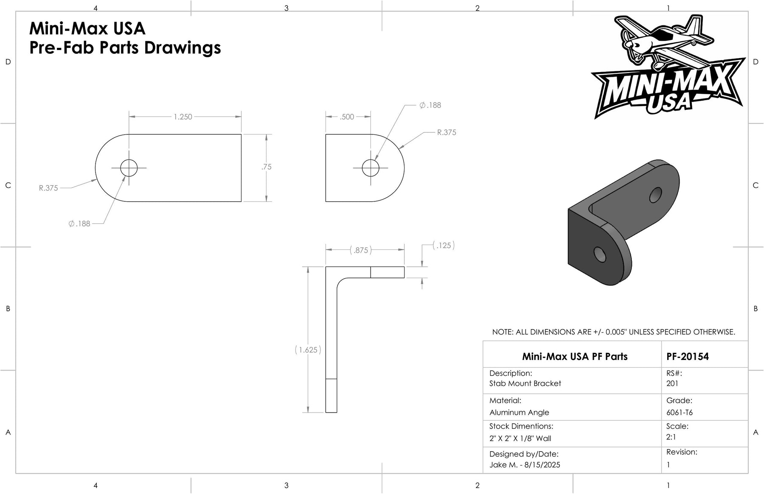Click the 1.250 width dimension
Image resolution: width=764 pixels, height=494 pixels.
pos(183,117)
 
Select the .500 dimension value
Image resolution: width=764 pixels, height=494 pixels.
pos(347,117)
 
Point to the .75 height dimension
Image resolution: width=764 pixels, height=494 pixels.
pos(267,167)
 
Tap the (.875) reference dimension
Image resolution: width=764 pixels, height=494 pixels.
pos(361,250)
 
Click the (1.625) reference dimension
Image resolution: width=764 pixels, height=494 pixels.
pos(308,350)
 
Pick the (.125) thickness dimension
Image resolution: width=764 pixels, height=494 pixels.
pos(444,245)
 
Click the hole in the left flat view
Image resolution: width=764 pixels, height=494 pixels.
pos(129,168)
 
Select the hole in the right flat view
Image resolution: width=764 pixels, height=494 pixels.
pos(371,168)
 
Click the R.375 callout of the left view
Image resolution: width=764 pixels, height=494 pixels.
pos(48,188)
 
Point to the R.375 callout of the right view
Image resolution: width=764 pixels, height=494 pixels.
pos(447,132)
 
